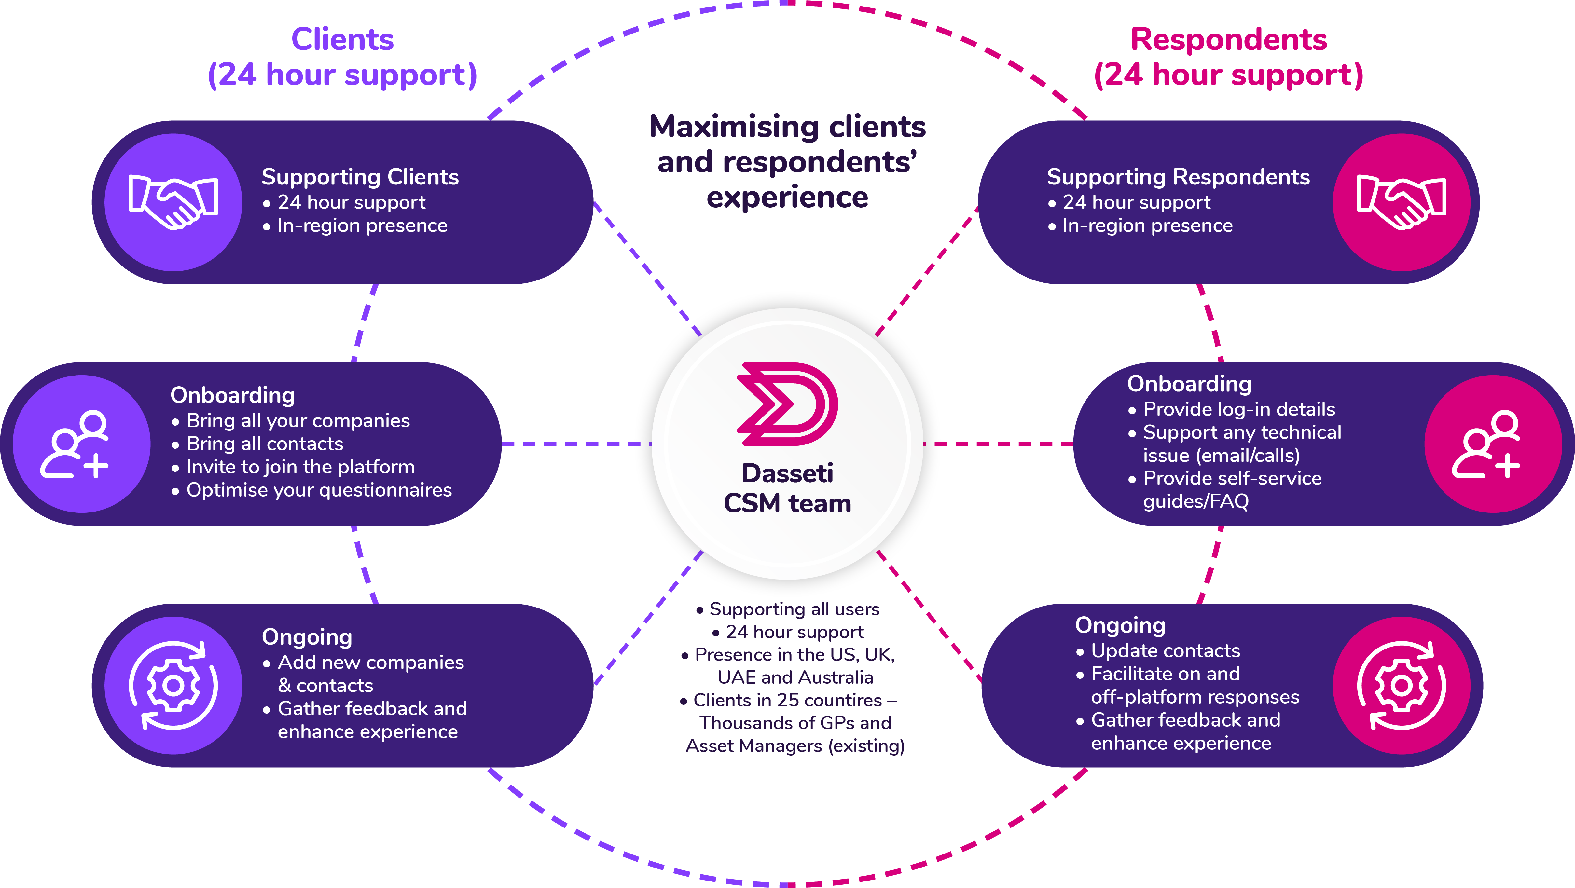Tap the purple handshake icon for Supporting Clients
173,202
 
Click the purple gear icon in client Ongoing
173,685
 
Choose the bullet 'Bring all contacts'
264,444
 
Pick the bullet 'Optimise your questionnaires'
319,490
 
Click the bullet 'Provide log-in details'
1239,409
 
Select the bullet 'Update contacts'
1165,651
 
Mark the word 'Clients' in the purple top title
342,40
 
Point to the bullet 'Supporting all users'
794,609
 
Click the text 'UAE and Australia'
795,677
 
